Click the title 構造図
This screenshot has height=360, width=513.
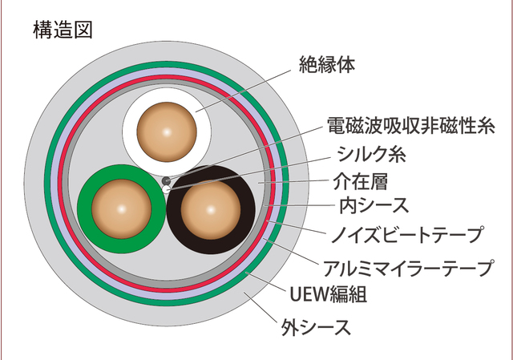pyautogui.click(x=63, y=30)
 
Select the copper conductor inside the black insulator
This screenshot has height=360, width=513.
pyautogui.click(x=210, y=208)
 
